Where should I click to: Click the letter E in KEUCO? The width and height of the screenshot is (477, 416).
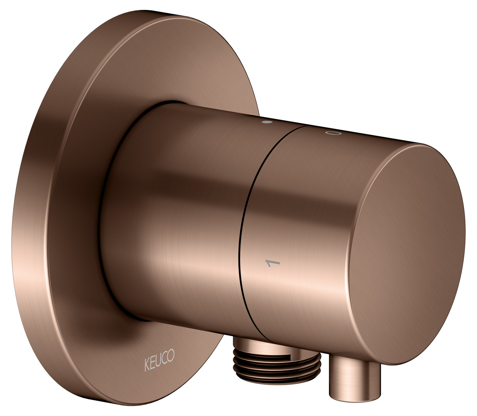tap(152, 364)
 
